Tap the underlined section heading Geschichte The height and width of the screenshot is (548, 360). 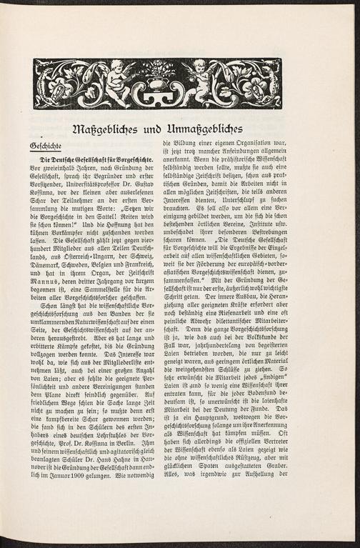point(45,146)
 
